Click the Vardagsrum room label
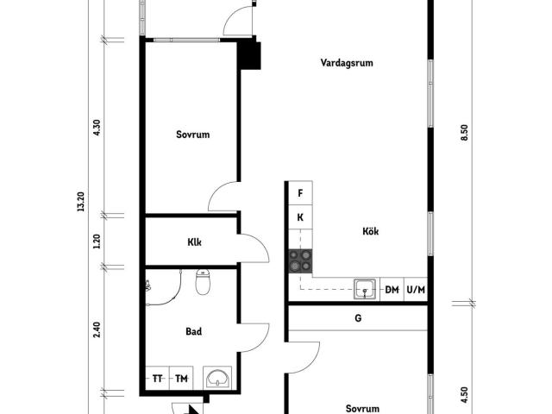(347, 63)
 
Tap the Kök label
(371, 231)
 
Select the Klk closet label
(194, 242)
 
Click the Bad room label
(193, 331)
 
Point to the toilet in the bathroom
(203, 282)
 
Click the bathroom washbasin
(217, 378)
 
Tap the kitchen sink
(365, 290)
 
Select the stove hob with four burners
(300, 261)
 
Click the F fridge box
(300, 193)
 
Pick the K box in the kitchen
(300, 217)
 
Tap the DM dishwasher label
(392, 290)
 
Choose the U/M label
(416, 290)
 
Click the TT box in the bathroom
(157, 379)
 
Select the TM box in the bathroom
(181, 379)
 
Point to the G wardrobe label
(358, 318)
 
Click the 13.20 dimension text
(81, 201)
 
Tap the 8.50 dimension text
(464, 133)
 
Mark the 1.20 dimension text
(97, 241)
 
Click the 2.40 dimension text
(97, 329)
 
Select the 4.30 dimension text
(97, 128)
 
